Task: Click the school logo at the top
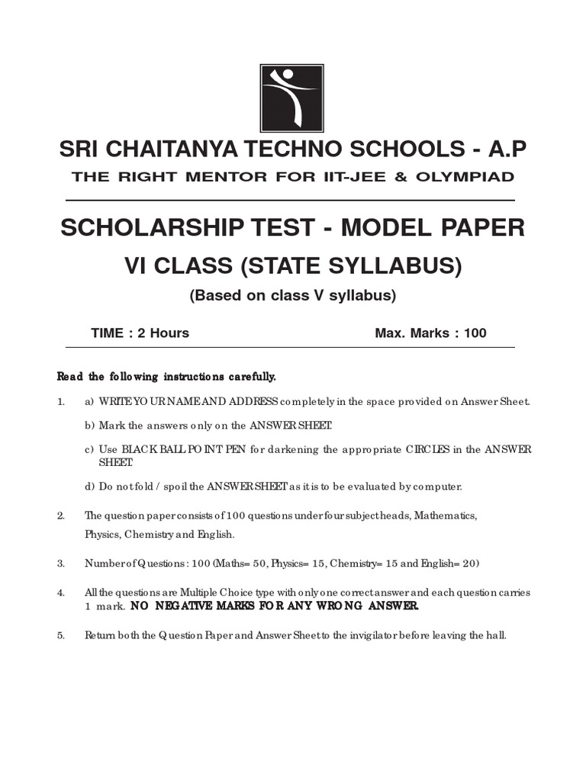(x=292, y=99)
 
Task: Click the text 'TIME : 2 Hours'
(x=140, y=333)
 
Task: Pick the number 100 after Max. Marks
(x=474, y=333)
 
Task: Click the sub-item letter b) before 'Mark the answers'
(x=89, y=426)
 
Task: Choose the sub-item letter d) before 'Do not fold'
(x=89, y=487)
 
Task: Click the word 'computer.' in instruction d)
(x=439, y=487)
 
